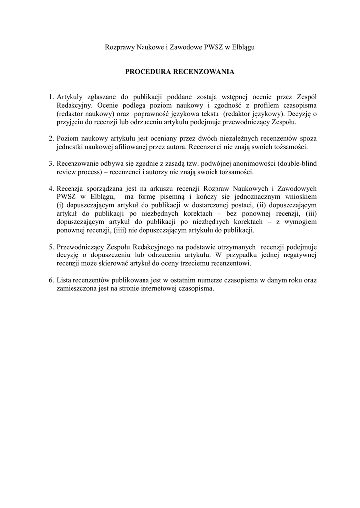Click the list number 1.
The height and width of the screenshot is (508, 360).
tap(51, 97)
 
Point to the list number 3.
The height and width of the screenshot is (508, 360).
tap(51, 163)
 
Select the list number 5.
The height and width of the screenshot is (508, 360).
tap(51, 247)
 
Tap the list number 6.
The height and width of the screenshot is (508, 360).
tap(51, 280)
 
